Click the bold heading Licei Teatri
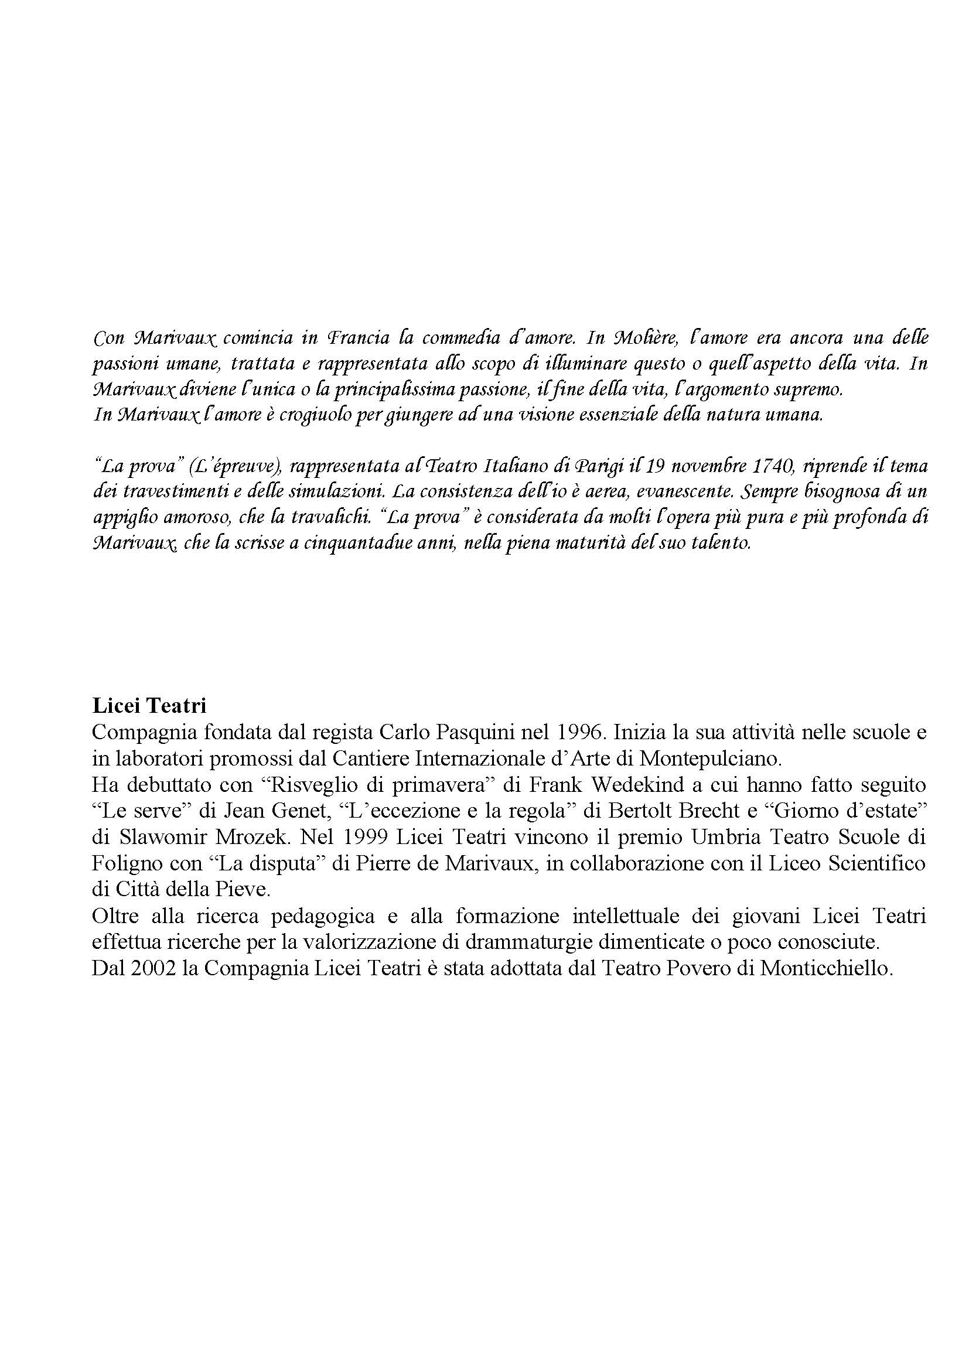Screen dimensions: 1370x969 coord(149,706)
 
